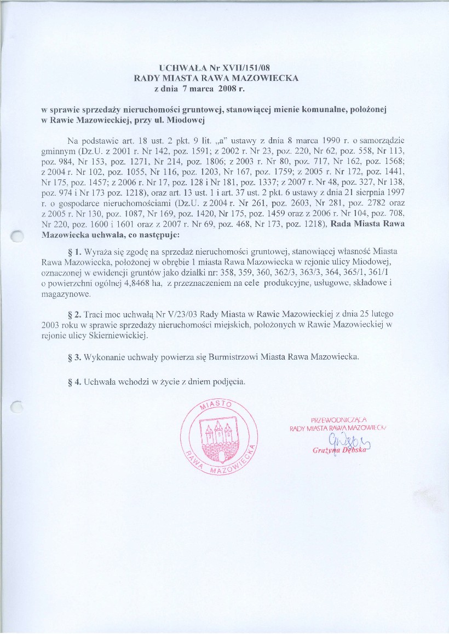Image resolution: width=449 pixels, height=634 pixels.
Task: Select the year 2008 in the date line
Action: click(x=228, y=88)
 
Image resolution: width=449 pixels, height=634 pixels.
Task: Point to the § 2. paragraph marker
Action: click(x=73, y=315)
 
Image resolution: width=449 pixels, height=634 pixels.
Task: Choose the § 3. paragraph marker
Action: click(x=73, y=357)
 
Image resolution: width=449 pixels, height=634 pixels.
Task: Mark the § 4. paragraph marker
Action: click(x=73, y=381)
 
